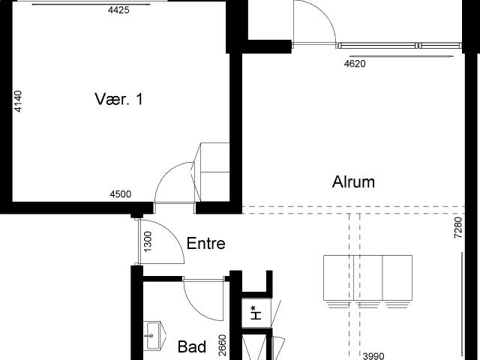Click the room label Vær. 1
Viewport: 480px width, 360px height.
(x=118, y=99)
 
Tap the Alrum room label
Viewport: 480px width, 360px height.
(x=353, y=181)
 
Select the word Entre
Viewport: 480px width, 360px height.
(x=206, y=243)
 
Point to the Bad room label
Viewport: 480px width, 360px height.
(x=192, y=346)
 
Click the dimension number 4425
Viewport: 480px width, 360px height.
(x=118, y=10)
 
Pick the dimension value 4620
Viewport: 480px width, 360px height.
(x=355, y=64)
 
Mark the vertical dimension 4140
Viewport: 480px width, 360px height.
(x=18, y=101)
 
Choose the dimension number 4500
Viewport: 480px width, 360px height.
(x=121, y=194)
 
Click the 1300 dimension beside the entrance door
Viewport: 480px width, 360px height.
(x=148, y=241)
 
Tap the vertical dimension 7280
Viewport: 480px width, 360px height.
(x=458, y=228)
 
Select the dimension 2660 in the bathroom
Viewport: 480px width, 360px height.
(x=223, y=345)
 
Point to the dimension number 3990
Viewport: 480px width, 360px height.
(x=373, y=356)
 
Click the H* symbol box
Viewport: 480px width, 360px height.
(x=256, y=313)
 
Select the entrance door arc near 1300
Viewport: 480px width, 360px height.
(x=172, y=232)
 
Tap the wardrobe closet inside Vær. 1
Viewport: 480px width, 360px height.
(x=215, y=172)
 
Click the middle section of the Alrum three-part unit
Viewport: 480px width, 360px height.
(x=368, y=277)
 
